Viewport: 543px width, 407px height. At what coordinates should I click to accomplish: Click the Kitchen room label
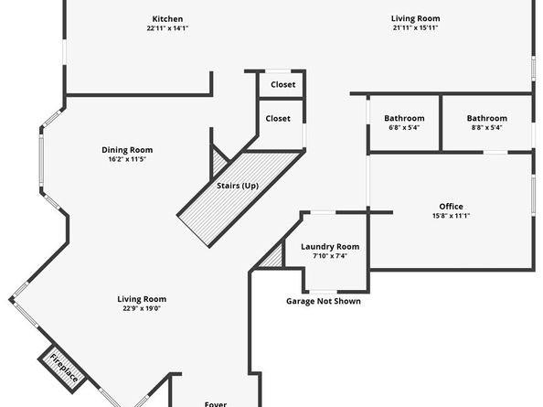167,19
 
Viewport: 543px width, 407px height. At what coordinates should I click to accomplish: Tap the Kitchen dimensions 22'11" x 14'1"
167,28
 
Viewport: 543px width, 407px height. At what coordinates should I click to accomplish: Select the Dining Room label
126,150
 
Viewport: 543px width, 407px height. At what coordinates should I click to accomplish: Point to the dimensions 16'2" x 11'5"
126,159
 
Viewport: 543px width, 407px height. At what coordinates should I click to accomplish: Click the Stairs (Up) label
238,186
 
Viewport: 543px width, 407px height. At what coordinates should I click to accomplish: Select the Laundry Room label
330,247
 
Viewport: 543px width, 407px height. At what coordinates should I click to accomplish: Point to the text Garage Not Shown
323,301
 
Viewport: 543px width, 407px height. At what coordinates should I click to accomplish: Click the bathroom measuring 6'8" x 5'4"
403,119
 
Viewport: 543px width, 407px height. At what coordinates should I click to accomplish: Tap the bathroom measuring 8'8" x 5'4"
486,119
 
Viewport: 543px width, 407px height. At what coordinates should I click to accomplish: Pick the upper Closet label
282,84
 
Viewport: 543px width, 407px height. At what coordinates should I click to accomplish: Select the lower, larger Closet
278,119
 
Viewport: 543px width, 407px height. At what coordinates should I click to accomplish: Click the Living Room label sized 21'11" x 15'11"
416,19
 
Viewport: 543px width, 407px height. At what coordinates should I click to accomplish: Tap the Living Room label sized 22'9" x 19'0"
142,299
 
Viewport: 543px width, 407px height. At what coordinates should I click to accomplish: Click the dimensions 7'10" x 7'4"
330,256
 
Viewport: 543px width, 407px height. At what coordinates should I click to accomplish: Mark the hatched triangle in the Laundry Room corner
271,259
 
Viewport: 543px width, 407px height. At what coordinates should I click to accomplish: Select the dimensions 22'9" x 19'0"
142,309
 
